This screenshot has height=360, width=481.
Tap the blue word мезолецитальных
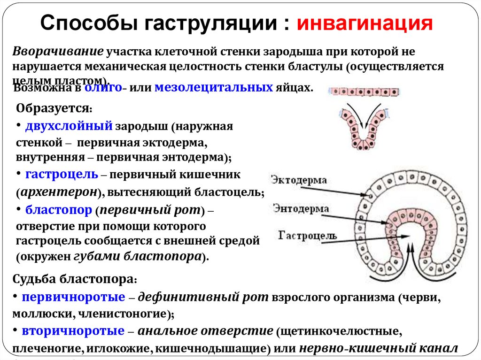[x=214, y=87]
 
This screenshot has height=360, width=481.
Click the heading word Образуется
[x=53, y=107]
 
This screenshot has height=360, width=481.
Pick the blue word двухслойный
[x=69, y=126]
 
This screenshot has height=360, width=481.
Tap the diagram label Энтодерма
[x=301, y=208]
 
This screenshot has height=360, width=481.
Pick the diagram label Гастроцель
[x=307, y=235]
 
